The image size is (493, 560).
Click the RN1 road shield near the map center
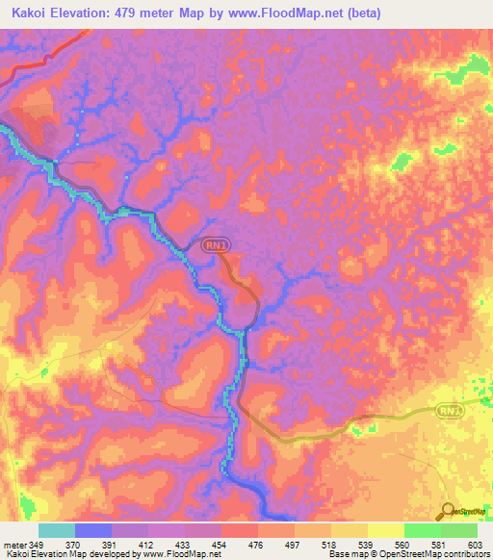[x=217, y=246]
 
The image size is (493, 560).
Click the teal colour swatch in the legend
[x=56, y=530]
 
